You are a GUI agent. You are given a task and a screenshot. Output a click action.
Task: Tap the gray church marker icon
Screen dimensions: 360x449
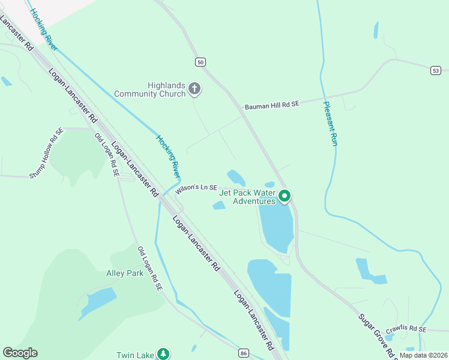194,89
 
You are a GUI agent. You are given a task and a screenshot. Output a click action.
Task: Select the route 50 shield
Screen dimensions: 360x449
200,62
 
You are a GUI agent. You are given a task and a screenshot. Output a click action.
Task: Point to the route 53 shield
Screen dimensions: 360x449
435,70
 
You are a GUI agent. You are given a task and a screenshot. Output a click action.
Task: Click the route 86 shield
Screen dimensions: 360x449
243,352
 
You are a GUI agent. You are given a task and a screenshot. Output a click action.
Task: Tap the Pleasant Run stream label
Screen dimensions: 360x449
331,123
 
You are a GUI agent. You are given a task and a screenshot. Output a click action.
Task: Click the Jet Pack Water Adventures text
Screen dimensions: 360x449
247,197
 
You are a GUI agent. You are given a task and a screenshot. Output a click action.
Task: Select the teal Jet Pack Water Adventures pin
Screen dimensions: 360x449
285,196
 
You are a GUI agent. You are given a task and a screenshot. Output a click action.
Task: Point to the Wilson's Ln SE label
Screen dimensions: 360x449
196,188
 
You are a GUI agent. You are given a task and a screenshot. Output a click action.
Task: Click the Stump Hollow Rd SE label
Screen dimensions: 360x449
46,153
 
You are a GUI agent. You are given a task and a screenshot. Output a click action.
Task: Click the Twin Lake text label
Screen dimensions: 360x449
135,355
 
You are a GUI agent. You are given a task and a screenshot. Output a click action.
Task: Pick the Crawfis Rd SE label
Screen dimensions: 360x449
406,329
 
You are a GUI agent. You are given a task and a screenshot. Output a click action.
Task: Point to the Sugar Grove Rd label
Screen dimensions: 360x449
377,336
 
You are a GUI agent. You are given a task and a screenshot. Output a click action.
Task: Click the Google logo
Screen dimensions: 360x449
20,353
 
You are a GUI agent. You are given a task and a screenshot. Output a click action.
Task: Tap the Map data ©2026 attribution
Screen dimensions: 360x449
423,355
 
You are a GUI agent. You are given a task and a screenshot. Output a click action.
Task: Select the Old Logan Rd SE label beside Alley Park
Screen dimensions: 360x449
149,269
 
